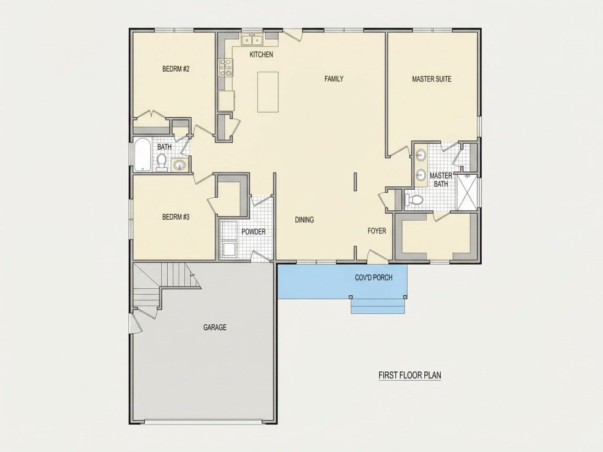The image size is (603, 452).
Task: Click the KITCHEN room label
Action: click(261, 55)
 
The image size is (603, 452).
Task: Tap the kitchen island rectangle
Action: click(268, 92)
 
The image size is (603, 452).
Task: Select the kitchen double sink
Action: click(252, 40)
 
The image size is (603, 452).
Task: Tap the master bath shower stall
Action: click(467, 192)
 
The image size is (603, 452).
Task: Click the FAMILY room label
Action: click(334, 79)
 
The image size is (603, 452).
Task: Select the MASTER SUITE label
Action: click(431, 79)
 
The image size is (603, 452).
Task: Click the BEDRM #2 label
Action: click(176, 69)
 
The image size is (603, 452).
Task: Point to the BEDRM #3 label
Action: click(176, 217)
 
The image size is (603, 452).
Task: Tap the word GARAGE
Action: click(214, 328)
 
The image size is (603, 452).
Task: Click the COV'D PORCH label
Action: click(373, 278)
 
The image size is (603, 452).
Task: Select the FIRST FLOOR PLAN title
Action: click(410, 375)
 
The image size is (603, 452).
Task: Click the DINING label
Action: click(304, 220)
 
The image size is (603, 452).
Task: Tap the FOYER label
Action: click(377, 231)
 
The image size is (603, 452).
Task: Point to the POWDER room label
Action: click(253, 232)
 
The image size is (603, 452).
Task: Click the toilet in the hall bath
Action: click(162, 162)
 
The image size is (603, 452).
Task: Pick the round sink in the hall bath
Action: click(179, 165)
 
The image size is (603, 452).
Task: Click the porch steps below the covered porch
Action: click(378, 306)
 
